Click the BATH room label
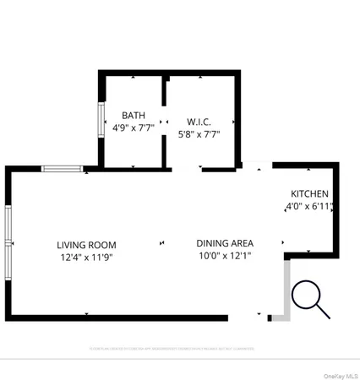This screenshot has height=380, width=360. click(134, 116)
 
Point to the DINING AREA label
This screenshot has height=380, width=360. click(224, 242)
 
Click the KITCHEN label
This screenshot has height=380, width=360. click(310, 193)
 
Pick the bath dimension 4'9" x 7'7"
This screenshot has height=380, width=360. click(134, 128)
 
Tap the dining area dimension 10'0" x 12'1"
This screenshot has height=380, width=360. click(224, 255)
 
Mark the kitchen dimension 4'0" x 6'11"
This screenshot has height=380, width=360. click(310, 205)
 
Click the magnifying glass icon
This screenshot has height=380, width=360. click(309, 300)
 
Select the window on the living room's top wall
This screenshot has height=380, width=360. click(63, 169)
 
